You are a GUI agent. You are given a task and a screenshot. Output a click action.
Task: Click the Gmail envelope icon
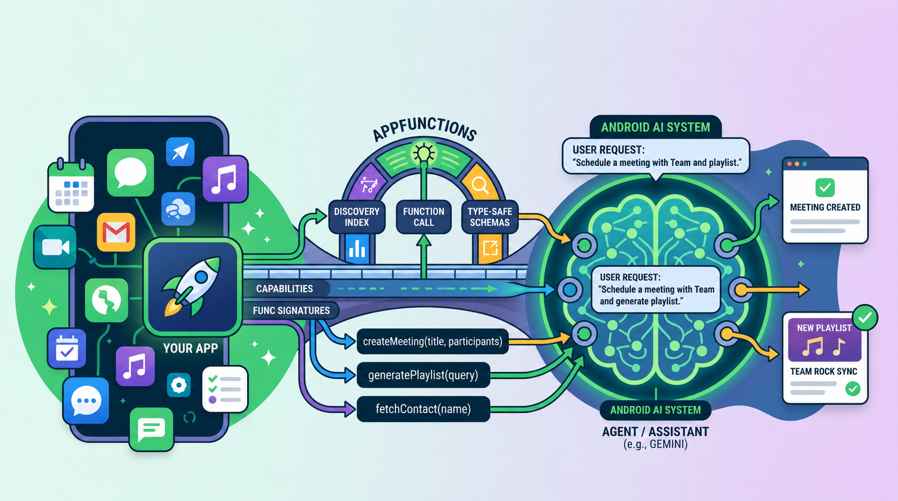click(116, 232)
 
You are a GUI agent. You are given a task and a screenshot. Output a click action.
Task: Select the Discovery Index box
click(357, 217)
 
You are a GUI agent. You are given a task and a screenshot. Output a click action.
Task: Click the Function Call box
click(424, 217)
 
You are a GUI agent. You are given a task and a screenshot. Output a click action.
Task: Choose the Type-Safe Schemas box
click(490, 217)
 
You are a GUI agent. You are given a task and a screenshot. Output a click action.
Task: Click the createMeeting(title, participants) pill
click(432, 341)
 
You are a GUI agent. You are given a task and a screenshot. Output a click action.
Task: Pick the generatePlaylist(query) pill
click(423, 375)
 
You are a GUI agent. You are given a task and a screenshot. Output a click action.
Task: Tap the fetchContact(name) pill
click(423, 409)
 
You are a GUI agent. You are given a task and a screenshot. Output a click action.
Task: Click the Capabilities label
click(285, 289)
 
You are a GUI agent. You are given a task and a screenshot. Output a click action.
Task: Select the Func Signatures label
click(292, 310)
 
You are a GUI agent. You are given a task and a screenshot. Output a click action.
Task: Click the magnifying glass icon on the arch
click(480, 186)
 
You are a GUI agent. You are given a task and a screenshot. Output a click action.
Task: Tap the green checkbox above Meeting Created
click(825, 188)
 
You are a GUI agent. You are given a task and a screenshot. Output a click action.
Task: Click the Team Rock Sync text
click(824, 371)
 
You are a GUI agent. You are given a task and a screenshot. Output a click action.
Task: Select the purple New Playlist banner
click(824, 340)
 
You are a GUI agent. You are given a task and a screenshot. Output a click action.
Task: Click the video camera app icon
click(55, 246)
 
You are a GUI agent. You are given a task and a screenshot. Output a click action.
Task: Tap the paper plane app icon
click(180, 151)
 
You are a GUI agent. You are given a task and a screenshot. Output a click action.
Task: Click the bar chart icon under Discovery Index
click(357, 249)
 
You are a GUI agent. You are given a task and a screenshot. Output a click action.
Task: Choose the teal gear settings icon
click(179, 386)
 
